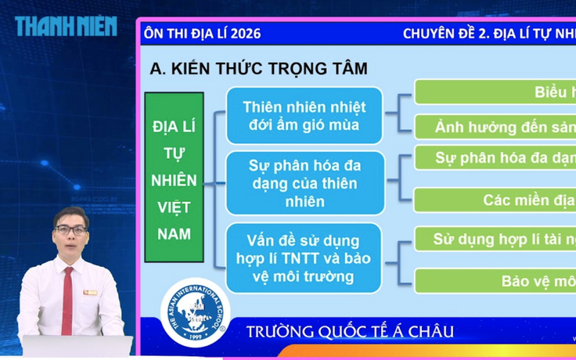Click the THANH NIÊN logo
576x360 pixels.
66,27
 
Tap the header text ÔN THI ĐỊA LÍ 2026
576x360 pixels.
202,34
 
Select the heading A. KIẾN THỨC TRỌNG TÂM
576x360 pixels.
258,68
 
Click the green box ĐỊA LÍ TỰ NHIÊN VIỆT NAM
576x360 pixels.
174,177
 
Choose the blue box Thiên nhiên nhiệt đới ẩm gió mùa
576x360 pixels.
304,116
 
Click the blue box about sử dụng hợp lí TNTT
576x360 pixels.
304,257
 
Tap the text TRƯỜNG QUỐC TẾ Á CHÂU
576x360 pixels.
349,330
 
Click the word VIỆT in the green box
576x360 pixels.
174,207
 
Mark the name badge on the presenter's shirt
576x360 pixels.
91,292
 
